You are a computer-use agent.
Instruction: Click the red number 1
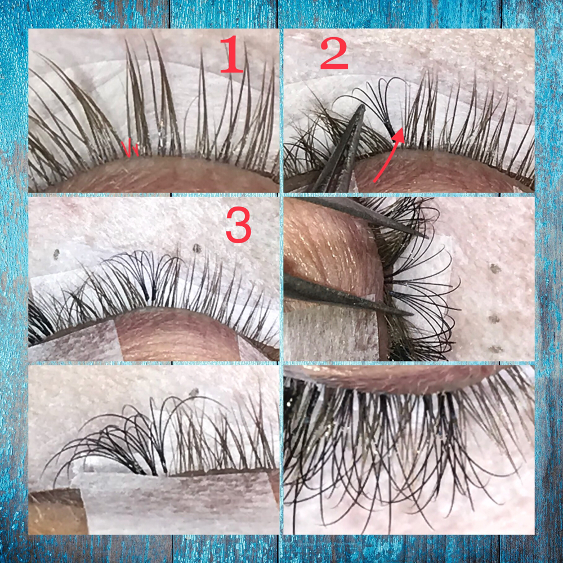click(231, 55)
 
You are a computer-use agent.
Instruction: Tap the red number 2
click(334, 54)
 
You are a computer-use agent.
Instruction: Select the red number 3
click(238, 225)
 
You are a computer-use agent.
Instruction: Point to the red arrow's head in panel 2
click(399, 135)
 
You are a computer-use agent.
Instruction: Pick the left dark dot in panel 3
click(56, 254)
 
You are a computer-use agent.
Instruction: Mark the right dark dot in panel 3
click(196, 248)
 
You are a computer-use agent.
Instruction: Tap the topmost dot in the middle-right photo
click(495, 269)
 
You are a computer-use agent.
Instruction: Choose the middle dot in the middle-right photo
click(494, 319)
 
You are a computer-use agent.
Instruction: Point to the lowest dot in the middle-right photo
click(495, 348)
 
